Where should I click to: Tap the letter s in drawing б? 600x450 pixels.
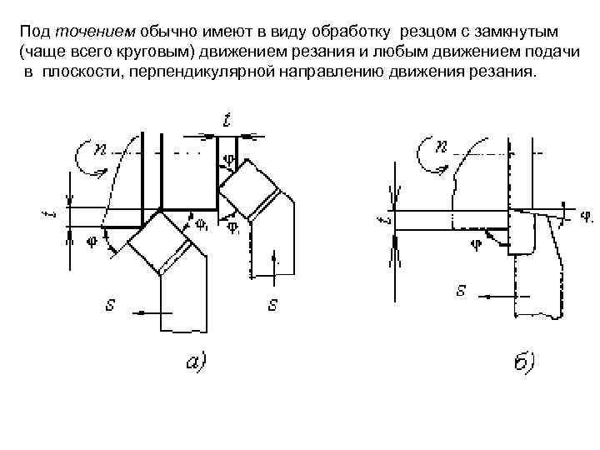coord(460,291)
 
